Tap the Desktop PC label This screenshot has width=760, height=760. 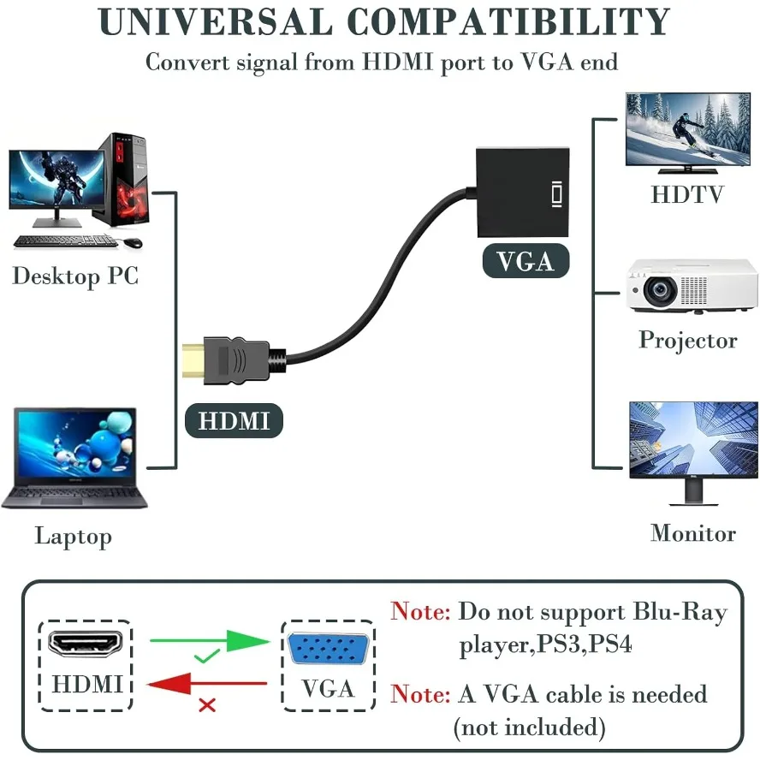point(75,276)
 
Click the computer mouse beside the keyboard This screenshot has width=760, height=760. point(132,243)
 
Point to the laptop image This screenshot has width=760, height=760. point(75,458)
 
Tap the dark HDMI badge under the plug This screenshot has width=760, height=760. point(234,421)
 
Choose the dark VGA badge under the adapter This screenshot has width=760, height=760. point(525,261)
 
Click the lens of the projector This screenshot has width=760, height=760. point(660,292)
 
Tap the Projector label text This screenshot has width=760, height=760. point(687,340)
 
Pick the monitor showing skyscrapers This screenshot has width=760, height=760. point(693,442)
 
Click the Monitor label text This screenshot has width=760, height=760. point(692,533)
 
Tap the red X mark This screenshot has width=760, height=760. point(206,706)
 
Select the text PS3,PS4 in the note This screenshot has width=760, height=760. point(585,644)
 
